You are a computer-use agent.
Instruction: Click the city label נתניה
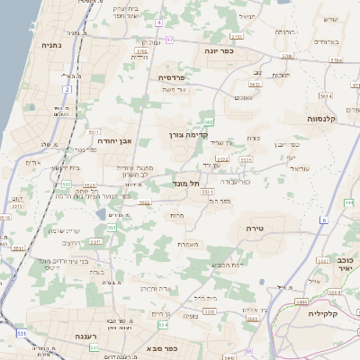[50, 43]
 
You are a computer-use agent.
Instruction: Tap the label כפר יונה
[218, 51]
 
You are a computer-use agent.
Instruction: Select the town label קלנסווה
[319, 118]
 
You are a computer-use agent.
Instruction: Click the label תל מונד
[186, 183]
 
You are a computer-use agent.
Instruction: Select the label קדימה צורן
[188, 136]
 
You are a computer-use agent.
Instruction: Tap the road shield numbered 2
[67, 90]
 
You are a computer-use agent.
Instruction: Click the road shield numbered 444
[348, 202]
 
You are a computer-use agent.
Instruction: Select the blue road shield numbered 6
[323, 220]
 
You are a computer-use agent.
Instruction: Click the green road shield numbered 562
[209, 121]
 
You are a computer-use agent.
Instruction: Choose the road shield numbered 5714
[337, 60]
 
